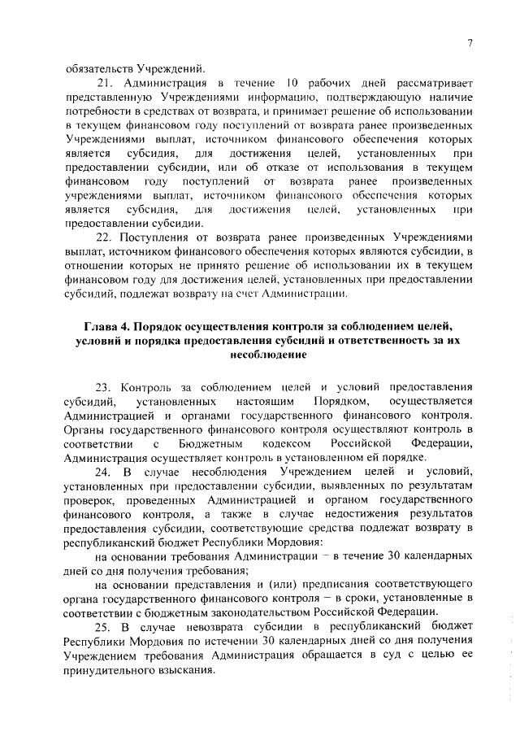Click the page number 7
pyautogui.click(x=470, y=44)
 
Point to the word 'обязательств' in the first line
pyautogui.click(x=98, y=68)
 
